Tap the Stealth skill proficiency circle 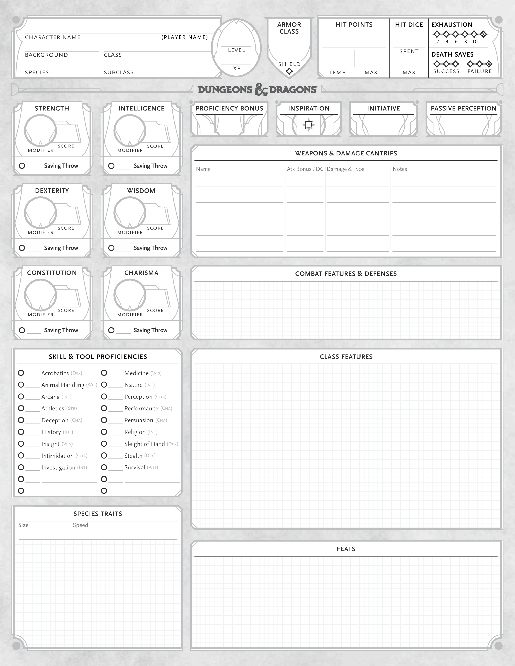coord(104,456)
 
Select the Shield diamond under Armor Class coord(289,71)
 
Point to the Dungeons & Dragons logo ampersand coord(261,90)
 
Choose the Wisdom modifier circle coord(130,213)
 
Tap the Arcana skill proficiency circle coord(21,396)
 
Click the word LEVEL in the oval coord(236,50)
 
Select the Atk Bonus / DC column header coord(305,169)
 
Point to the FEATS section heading coord(346,549)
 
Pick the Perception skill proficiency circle coord(104,396)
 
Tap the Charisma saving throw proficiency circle coord(111,330)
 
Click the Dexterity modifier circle coord(40,213)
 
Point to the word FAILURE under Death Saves coord(480,71)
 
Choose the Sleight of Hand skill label coord(145,444)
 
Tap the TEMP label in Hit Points coord(337,73)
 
